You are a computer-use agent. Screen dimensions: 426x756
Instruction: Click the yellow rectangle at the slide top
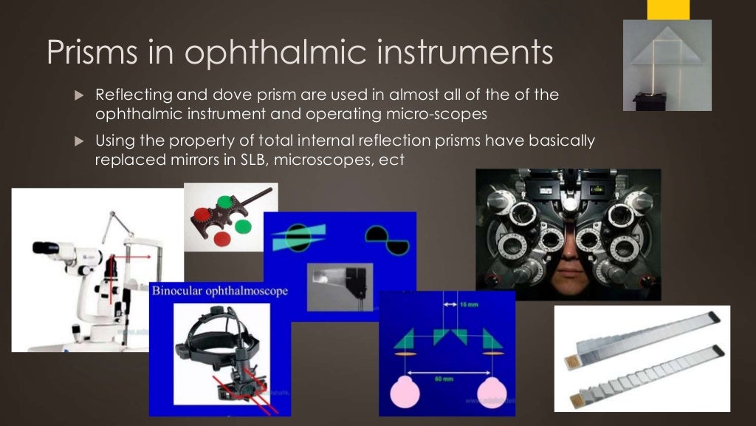(x=668, y=9)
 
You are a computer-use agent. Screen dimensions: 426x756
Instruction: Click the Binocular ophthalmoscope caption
(x=219, y=291)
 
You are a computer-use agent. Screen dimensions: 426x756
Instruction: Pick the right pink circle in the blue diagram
(x=493, y=393)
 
